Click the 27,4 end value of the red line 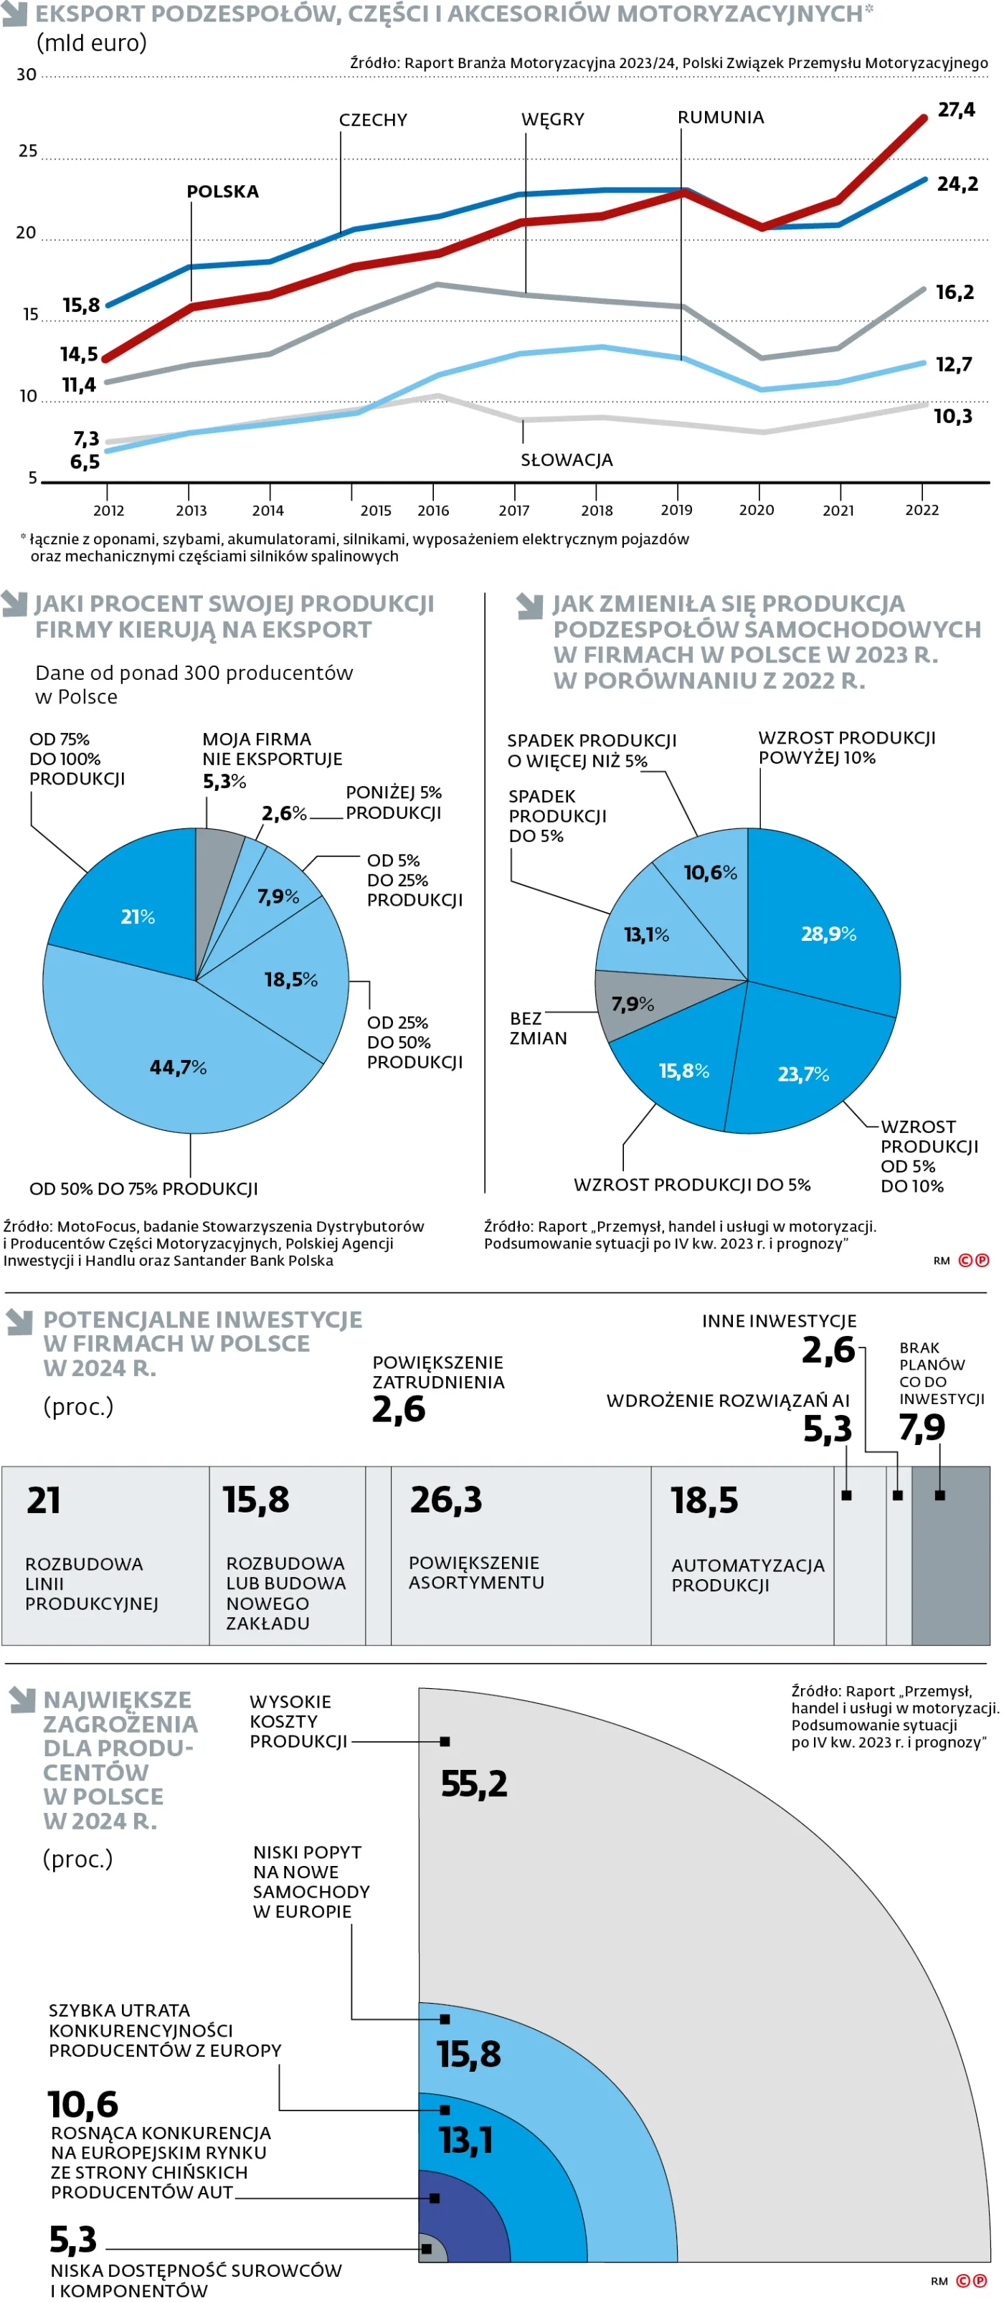956,110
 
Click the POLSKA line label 222,191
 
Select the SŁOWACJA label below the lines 566,460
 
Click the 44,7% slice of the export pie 178,1066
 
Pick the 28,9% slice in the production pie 828,933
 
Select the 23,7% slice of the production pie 803,1074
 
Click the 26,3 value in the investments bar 445,1500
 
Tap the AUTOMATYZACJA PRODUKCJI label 747,1575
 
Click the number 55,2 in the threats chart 474,1784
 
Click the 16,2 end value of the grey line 954,292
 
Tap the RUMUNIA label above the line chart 720,117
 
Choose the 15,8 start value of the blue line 81,305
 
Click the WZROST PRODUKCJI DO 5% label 691,1184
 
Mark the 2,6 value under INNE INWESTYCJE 828,1350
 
